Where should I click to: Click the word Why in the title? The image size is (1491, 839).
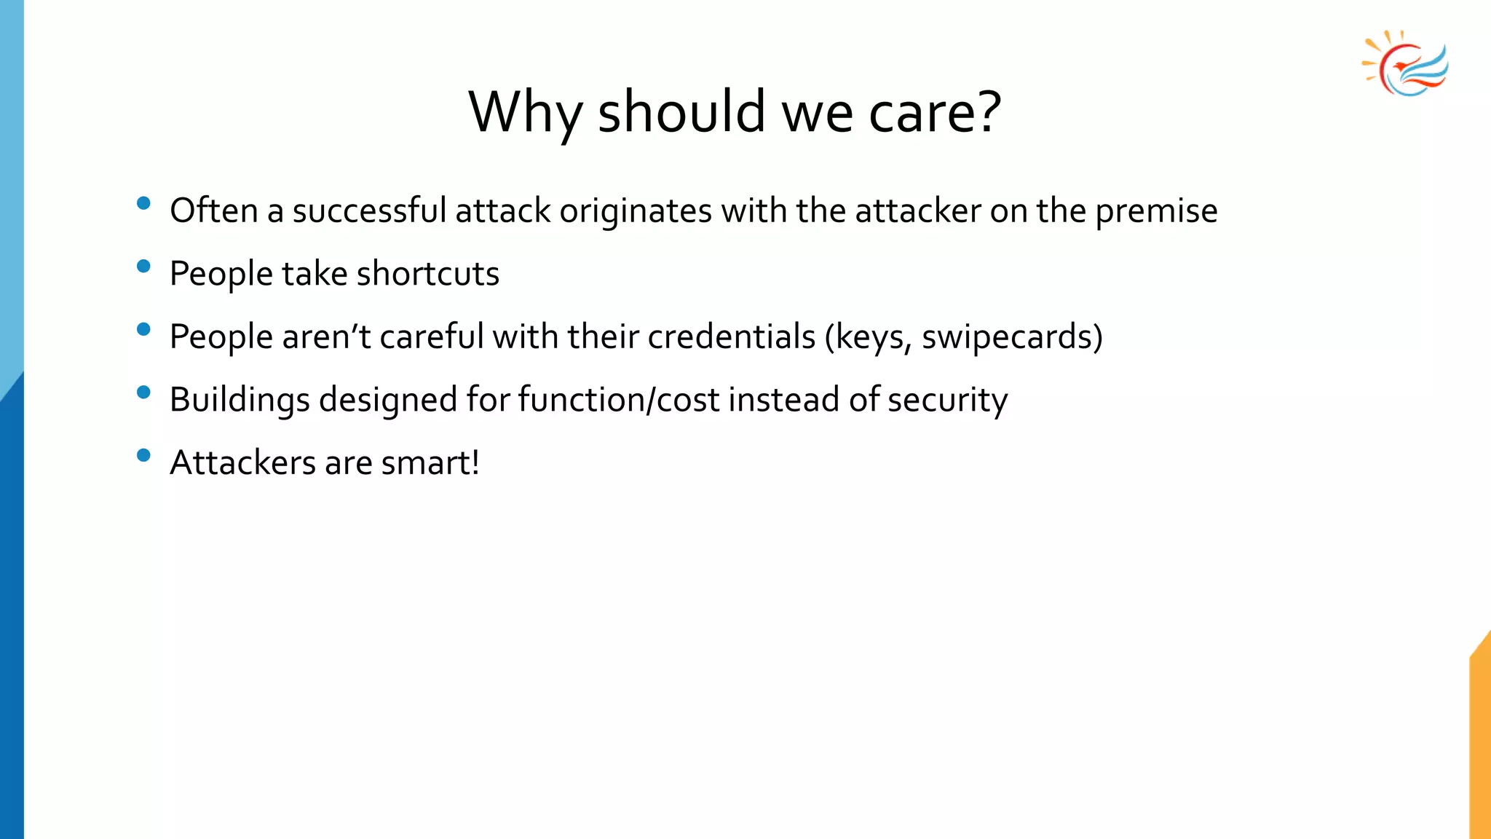pyautogui.click(x=525, y=113)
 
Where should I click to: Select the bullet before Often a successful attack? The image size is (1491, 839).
pyautogui.click(x=143, y=203)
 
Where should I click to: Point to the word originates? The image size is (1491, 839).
pyautogui.click(x=636, y=212)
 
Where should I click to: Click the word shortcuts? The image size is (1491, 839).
pyautogui.click(x=427, y=275)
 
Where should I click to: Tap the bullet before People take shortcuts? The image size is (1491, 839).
pyautogui.click(x=143, y=267)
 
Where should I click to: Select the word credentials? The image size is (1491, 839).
pyautogui.click(x=731, y=337)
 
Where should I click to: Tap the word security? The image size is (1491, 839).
pyautogui.click(x=947, y=401)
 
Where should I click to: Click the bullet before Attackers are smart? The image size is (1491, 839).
pyautogui.click(x=143, y=455)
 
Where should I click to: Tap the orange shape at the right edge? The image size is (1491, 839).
pyautogui.click(x=1480, y=743)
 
